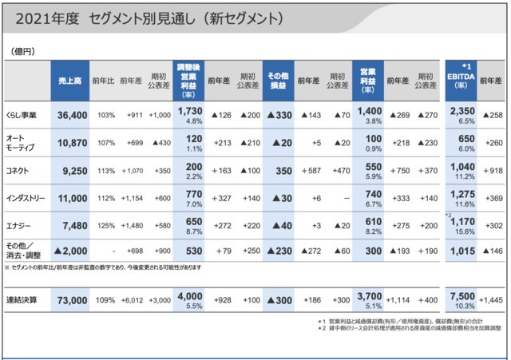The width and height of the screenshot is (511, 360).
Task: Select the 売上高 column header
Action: coord(72,80)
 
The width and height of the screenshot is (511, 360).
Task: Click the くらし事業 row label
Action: coord(22,116)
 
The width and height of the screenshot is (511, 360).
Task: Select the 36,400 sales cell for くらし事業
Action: coord(73,116)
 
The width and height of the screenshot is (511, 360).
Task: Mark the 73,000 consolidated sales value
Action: coord(73,300)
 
